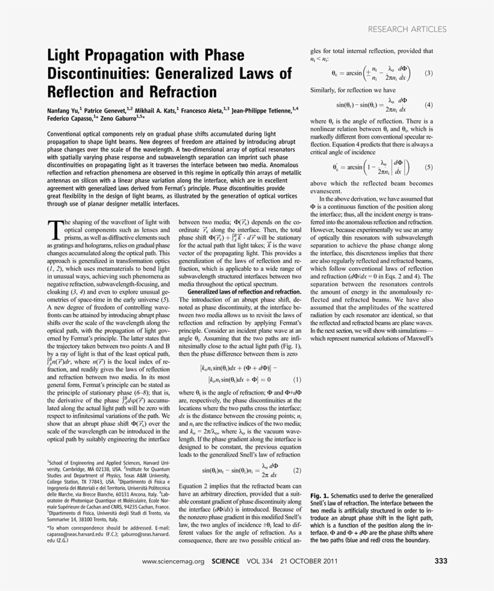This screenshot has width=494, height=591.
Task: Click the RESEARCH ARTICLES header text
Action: point(407,29)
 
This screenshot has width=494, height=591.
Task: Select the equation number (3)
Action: point(428,74)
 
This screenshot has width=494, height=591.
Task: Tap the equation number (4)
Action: point(428,104)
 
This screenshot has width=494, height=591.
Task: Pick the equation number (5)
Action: point(428,166)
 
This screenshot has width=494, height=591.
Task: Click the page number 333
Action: point(440,561)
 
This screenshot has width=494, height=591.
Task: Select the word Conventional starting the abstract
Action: point(67,133)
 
